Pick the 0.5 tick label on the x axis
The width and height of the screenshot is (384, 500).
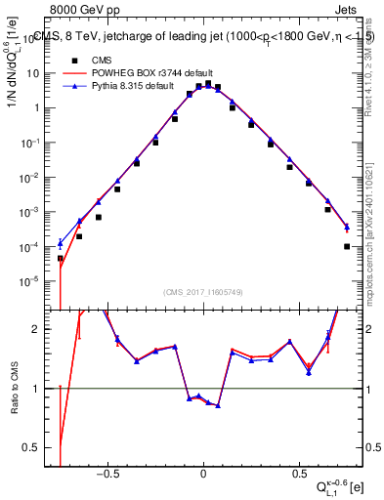point(296,471)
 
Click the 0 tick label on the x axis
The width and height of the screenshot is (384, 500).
point(203,471)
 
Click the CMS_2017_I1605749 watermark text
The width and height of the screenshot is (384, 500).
point(202,292)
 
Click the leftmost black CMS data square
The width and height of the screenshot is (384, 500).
point(61,259)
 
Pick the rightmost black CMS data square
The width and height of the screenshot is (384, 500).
point(347,246)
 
